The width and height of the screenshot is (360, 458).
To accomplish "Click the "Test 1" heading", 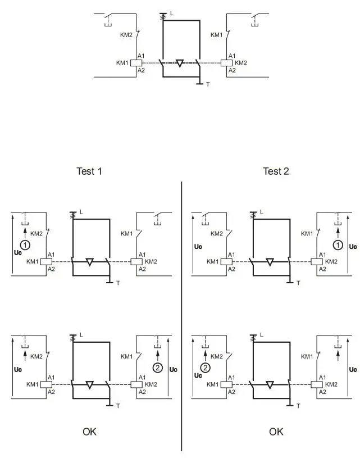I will [x=89, y=171].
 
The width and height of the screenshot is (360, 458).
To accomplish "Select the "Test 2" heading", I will [x=276, y=171].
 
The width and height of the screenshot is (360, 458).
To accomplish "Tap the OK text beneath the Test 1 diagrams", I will [x=89, y=432].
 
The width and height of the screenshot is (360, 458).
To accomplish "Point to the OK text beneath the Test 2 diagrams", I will [x=276, y=432].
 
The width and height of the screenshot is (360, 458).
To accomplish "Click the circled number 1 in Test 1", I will [x=24, y=244].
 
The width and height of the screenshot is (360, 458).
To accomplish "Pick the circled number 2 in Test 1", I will [x=158, y=368].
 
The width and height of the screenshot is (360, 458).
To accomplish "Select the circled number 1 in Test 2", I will [x=338, y=244].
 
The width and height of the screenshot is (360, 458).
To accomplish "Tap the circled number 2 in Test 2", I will [x=206, y=368].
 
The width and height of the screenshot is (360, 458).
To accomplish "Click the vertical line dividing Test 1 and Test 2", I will [x=181, y=315].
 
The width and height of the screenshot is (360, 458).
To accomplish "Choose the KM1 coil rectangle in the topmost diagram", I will [x=136, y=63].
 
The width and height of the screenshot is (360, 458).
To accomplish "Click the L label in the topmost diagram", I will [x=172, y=12].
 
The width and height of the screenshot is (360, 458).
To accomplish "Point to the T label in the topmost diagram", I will [x=207, y=84].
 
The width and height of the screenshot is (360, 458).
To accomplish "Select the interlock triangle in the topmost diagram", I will [x=179, y=62].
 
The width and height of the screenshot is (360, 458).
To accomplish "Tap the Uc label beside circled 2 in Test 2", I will [x=198, y=375].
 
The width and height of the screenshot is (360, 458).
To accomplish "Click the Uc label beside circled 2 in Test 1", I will [x=173, y=370].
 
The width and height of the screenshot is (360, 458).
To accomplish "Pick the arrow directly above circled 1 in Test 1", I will [x=24, y=231].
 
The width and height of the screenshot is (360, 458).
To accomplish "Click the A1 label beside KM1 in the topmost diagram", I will [x=141, y=55].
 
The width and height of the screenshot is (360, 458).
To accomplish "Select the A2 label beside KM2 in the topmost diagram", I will [x=231, y=71].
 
